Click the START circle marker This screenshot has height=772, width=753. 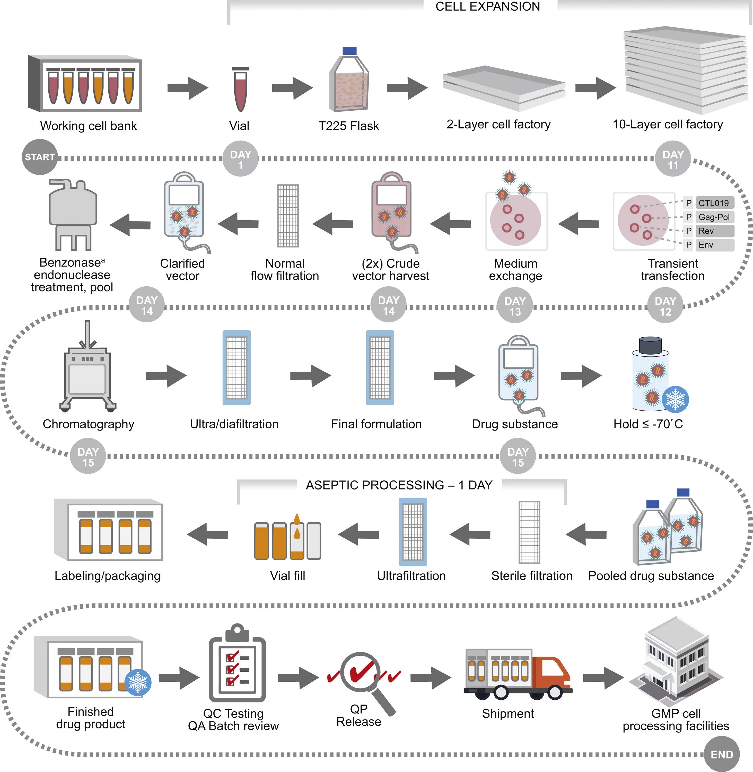tap(40, 157)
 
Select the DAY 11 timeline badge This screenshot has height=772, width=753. tap(673, 159)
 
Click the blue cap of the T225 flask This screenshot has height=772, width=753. tap(349, 51)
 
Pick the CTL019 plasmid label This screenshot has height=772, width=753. tap(714, 203)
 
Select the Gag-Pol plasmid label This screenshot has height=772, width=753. tap(714, 217)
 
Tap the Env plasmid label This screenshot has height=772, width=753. tap(714, 245)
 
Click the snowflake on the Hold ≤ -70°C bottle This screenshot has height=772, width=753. tap(676, 399)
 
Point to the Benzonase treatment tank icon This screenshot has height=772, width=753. tap(73, 214)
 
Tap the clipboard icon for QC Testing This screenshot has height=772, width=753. tap(237, 664)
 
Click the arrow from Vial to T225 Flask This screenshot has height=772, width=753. tap(292, 88)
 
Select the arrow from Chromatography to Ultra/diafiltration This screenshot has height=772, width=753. tap(166, 376)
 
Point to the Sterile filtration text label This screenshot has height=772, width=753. tap(531, 576)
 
